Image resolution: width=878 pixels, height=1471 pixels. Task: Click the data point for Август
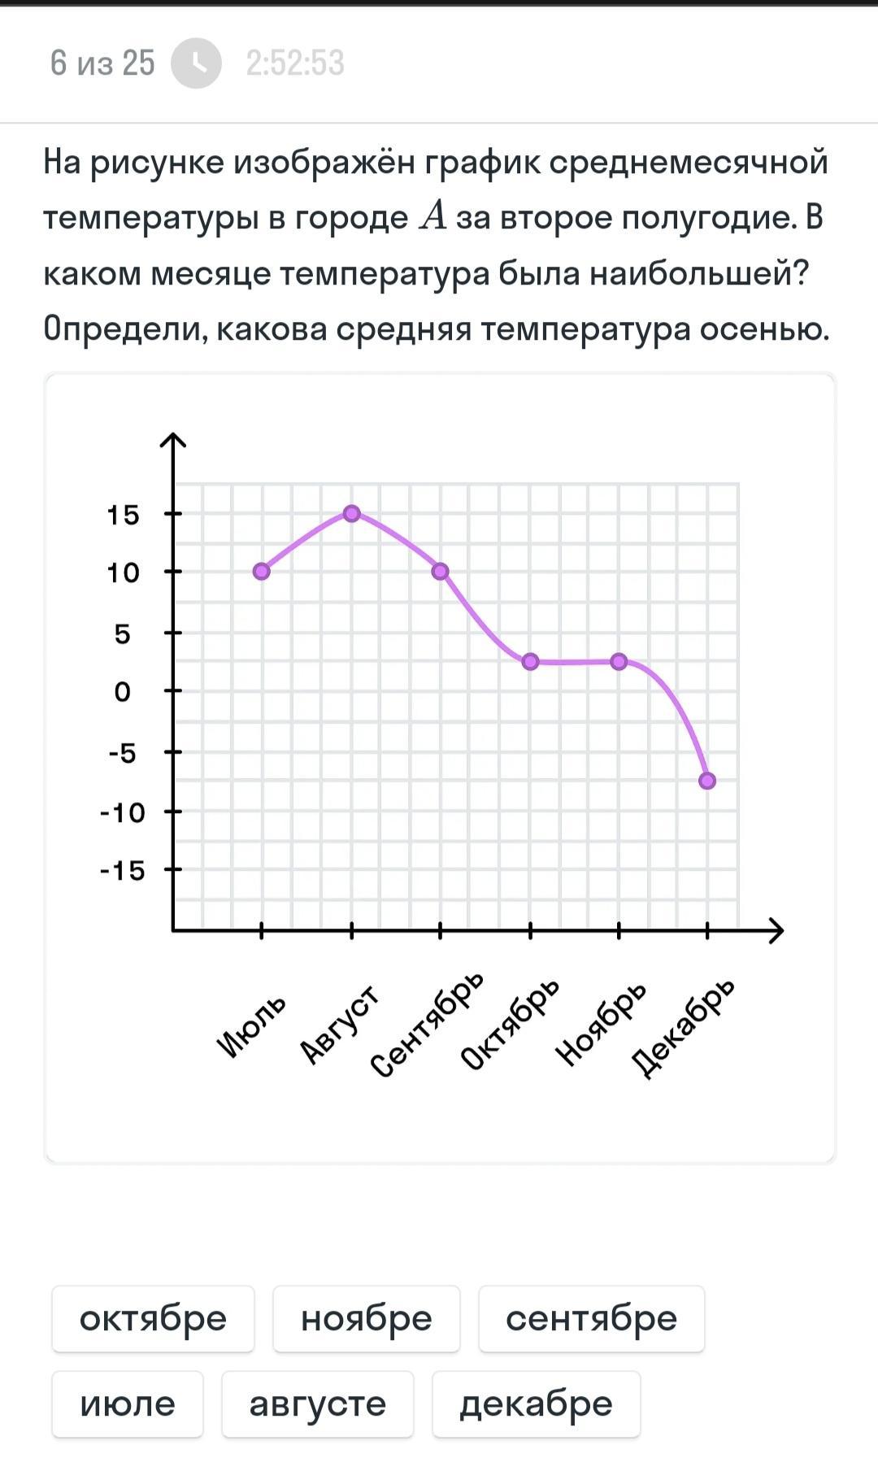[351, 513]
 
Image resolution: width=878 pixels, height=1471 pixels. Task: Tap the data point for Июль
[261, 572]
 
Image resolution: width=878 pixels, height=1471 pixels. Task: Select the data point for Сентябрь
[440, 572]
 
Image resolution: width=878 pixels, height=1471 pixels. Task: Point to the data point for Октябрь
[530, 662]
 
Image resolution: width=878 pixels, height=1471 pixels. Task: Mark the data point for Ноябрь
[619, 662]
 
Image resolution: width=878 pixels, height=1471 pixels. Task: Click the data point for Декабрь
[707, 781]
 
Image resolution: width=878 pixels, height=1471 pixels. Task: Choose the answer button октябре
[153, 1319]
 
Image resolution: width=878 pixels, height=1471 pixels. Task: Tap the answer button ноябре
[366, 1319]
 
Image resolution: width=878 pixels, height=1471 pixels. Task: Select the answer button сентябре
[591, 1319]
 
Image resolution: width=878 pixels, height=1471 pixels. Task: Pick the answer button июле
[128, 1404]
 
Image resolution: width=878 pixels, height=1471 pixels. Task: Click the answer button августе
[317, 1404]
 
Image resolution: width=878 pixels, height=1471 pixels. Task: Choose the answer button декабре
[536, 1404]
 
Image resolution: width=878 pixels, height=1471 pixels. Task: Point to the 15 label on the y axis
[124, 515]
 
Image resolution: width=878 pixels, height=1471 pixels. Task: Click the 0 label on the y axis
[122, 692]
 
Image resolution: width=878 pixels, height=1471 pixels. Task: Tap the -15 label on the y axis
[123, 871]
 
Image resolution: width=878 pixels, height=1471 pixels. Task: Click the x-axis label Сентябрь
[428, 1025]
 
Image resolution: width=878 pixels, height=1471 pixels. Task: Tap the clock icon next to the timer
[196, 63]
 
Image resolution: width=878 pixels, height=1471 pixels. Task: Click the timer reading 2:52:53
[295, 63]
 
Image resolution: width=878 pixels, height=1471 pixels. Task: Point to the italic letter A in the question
[432, 217]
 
